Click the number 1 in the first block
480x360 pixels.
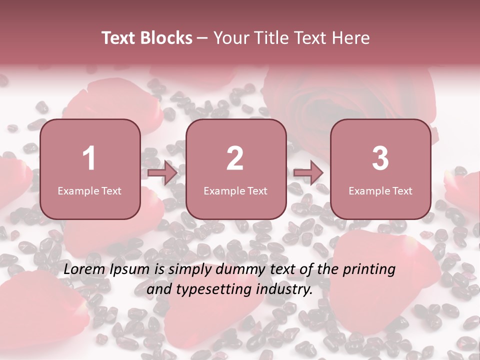[x=89, y=158]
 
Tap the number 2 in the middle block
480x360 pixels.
[x=235, y=158]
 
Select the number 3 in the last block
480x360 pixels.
[x=380, y=158]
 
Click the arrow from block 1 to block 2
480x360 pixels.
[x=163, y=173]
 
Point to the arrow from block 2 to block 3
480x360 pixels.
[x=308, y=173]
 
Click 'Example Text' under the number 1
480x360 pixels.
[x=89, y=190]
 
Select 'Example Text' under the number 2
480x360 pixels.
[x=235, y=190]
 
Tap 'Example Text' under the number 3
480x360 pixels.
[x=380, y=190]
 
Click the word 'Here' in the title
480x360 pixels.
[x=351, y=38]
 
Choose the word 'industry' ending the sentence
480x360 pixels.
[x=283, y=289]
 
